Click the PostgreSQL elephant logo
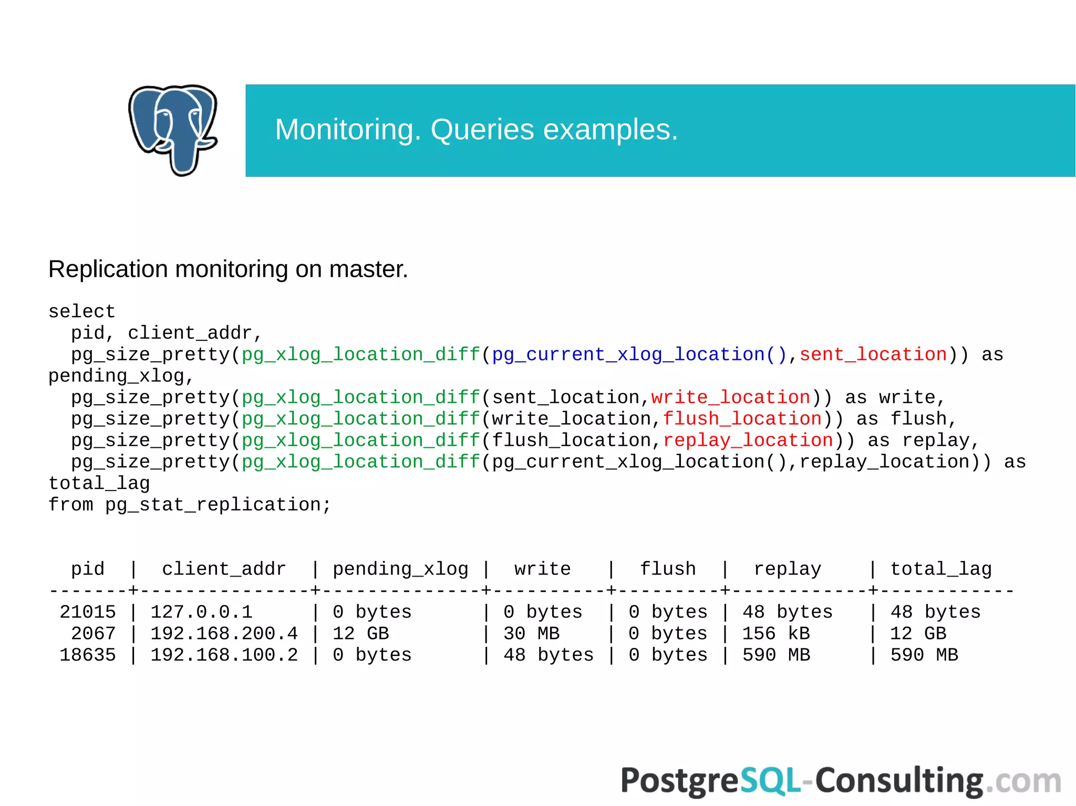pos(173,130)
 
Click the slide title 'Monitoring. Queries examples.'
pos(476,130)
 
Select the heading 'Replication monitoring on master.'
pos(228,269)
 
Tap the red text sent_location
pos(873,355)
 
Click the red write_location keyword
pos(731,397)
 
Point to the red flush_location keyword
pos(742,419)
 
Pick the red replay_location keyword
pos(748,441)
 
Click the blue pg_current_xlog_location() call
pos(639,355)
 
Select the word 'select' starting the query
pos(81,312)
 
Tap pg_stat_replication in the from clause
pos(213,505)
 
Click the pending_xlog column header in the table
pos(400,569)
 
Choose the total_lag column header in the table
pos(941,569)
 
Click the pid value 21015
pos(88,612)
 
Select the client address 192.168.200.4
pos(224,634)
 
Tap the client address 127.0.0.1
pos(202,612)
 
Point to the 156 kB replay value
pos(776,634)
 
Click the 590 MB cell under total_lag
pos(924,655)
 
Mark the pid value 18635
pos(88,655)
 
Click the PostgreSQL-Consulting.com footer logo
pos(841,781)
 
